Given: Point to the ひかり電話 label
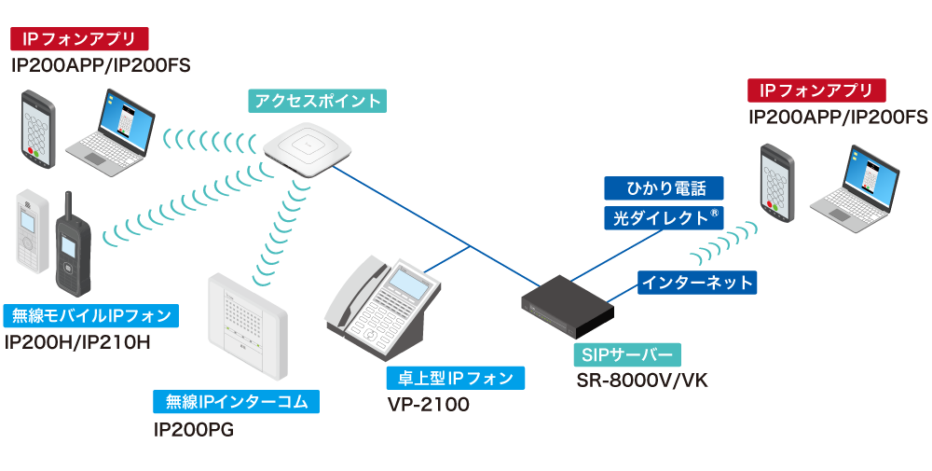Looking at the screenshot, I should point(663,188).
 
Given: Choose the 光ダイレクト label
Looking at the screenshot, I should point(663,218).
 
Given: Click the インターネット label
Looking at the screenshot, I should point(696,282).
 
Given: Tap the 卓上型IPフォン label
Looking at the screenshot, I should point(455,378).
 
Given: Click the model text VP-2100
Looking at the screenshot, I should point(429,405).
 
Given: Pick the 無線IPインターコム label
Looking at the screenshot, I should point(237,402).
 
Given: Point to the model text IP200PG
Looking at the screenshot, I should point(193,429).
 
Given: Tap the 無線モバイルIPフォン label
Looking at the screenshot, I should point(89,316).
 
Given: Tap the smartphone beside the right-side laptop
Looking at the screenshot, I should point(776,182).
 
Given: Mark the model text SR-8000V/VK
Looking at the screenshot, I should point(643,381).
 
